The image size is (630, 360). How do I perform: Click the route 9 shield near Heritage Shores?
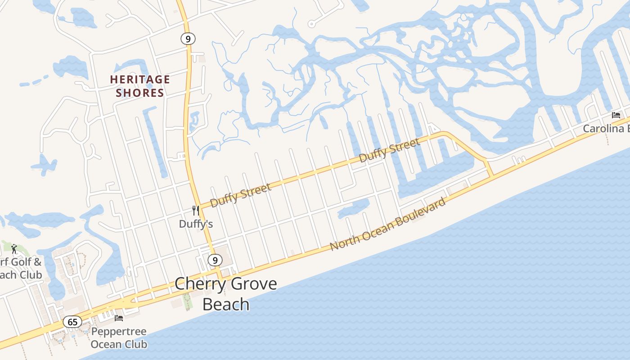pyautogui.click(x=188, y=39)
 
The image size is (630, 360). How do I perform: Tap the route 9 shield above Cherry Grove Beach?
pyautogui.click(x=215, y=260)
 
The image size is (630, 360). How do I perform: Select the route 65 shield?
pyautogui.click(x=72, y=322)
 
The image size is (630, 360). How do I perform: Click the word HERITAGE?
pyautogui.click(x=140, y=80)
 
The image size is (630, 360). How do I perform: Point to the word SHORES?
pyautogui.click(x=140, y=93)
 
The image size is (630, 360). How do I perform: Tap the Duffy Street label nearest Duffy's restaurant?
pyautogui.click(x=241, y=194)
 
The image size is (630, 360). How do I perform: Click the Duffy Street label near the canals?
pyautogui.click(x=390, y=150)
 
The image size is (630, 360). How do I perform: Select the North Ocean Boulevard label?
pyautogui.click(x=388, y=224)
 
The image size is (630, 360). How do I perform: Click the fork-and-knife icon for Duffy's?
pyautogui.click(x=196, y=210)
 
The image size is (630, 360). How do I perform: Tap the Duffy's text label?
pyautogui.click(x=196, y=224)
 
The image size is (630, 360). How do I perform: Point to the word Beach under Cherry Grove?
pyautogui.click(x=225, y=304)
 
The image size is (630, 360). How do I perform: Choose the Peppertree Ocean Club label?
pyautogui.click(x=119, y=338)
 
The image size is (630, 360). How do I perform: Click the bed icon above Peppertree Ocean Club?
pyautogui.click(x=119, y=318)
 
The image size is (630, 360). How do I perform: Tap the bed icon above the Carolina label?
pyautogui.click(x=616, y=115)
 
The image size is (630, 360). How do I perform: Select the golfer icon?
pyautogui.click(x=14, y=248)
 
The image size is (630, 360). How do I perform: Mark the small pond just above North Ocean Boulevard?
pyautogui.click(x=354, y=208)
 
